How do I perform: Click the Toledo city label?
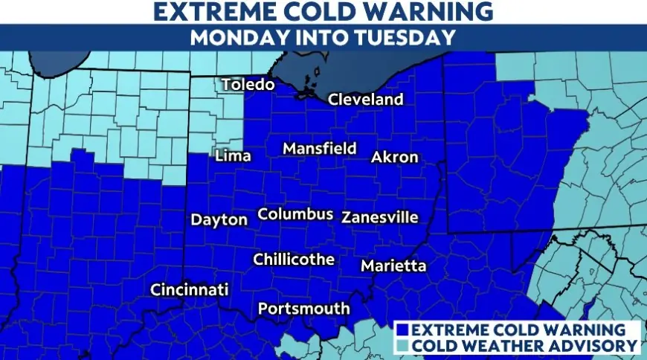(x=248, y=85)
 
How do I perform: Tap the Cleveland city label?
(x=366, y=99)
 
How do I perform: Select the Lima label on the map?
(x=232, y=156)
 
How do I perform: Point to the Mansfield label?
(x=320, y=149)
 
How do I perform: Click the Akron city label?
(x=395, y=157)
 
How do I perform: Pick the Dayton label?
(x=219, y=219)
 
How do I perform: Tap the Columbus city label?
(x=295, y=214)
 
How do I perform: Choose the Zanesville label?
(x=380, y=218)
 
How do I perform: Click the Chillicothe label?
(x=294, y=260)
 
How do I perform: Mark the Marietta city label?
(x=393, y=266)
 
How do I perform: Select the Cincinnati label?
(x=189, y=290)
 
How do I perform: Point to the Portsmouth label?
(x=303, y=308)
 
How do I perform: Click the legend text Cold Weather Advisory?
(x=524, y=345)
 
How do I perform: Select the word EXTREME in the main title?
(x=216, y=11)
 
